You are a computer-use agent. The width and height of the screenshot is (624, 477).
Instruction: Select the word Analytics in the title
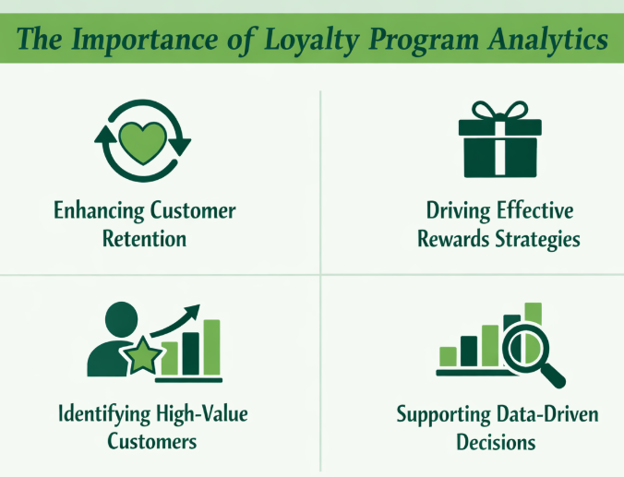pyautogui.click(x=547, y=42)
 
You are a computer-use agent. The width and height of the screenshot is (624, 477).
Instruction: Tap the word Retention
pyautogui.click(x=143, y=239)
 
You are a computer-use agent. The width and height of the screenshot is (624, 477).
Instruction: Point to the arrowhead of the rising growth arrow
pyautogui.click(x=196, y=312)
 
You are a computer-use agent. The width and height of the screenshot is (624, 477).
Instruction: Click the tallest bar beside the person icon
pyautogui.click(x=211, y=348)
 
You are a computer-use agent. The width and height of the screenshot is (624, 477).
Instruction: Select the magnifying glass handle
pyautogui.click(x=553, y=376)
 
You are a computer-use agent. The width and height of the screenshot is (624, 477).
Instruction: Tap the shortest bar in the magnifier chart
pyautogui.click(x=449, y=356)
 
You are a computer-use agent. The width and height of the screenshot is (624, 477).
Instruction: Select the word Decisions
pyautogui.click(x=496, y=442)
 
